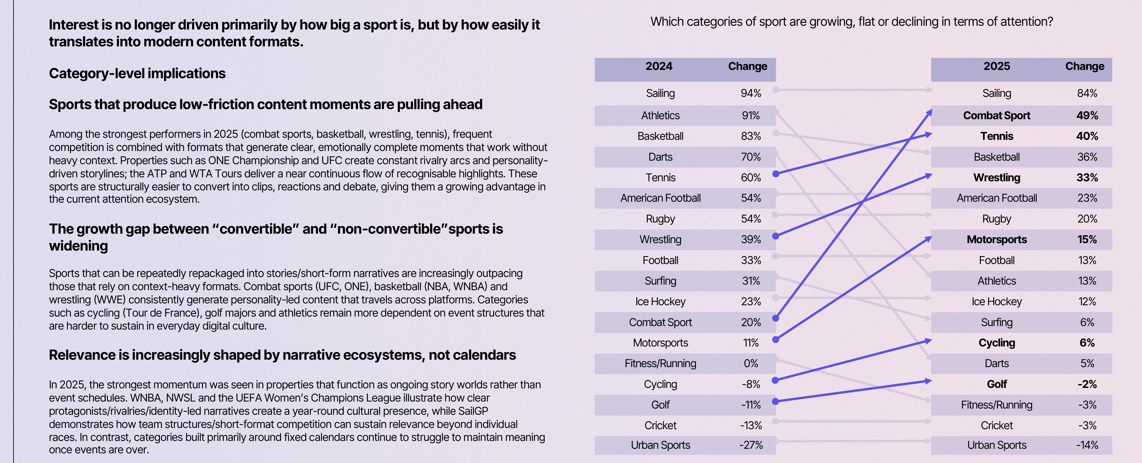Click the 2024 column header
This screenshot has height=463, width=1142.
(659, 67)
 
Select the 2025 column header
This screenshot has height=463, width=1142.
(996, 67)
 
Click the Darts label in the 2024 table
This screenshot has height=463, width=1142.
(660, 157)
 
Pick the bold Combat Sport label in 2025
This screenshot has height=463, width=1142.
(996, 116)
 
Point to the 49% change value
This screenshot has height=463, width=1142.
(1087, 116)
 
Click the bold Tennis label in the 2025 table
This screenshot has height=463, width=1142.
(996, 136)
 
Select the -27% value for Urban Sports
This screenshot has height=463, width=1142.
(751, 445)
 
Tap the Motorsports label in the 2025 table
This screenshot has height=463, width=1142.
(996, 239)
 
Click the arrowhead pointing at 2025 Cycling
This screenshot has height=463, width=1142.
(927, 340)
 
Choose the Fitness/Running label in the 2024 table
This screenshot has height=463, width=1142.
(660, 364)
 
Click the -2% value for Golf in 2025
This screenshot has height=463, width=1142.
(1087, 384)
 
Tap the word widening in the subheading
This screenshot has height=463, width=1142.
(79, 246)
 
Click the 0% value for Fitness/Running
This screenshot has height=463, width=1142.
(751, 364)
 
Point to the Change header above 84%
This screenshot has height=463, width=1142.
(1085, 67)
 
